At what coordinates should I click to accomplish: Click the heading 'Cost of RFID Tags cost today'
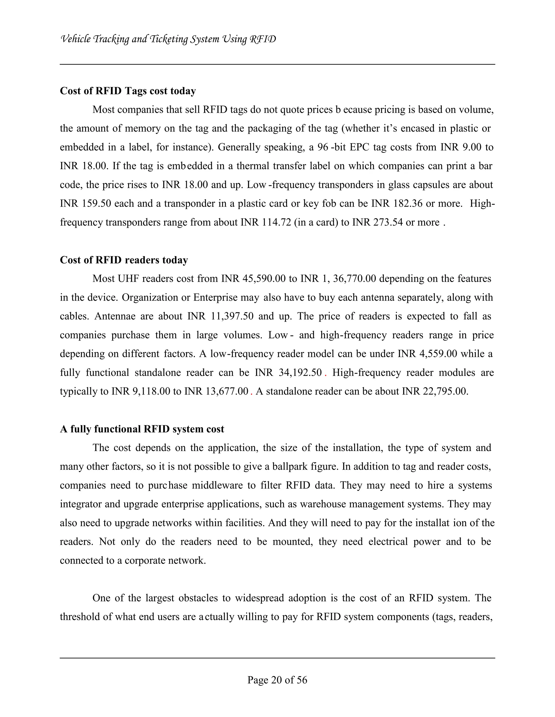click(128, 91)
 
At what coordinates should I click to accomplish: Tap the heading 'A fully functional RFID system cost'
click(142, 429)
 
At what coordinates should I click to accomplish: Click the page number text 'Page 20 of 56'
click(277, 680)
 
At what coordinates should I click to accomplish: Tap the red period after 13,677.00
click(251, 392)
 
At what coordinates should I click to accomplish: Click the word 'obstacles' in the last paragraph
click(198, 598)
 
